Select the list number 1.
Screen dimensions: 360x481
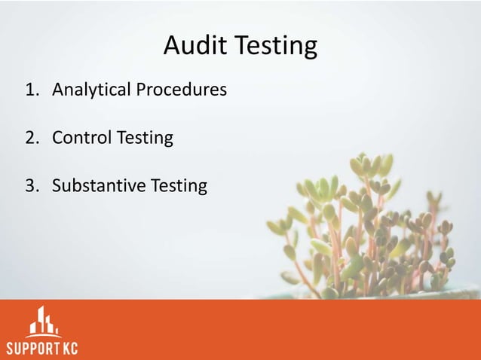click(x=30, y=91)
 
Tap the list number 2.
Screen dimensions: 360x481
click(x=30, y=139)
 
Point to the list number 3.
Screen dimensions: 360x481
click(x=30, y=185)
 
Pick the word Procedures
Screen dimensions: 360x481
click(x=182, y=91)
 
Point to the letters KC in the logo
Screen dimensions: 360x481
click(x=69, y=349)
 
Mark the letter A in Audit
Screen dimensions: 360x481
click(x=171, y=47)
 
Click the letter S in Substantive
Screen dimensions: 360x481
click(x=57, y=185)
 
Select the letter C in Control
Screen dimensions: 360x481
click(x=57, y=139)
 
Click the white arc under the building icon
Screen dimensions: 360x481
click(x=42, y=335)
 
